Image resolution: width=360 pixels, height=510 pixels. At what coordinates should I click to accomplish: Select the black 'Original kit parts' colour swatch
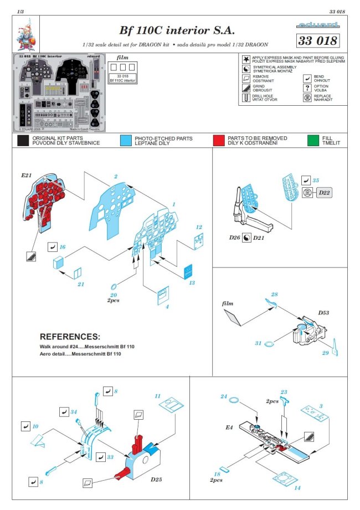point(23,140)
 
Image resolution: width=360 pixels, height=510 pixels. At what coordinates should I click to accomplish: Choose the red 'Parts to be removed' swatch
point(220,140)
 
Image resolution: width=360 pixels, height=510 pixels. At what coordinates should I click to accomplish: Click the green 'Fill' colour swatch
point(313,140)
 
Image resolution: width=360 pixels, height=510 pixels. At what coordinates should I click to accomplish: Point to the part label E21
point(27,175)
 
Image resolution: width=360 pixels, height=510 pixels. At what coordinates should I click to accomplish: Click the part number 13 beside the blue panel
point(192,283)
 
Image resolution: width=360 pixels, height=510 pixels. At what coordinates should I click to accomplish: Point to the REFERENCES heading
point(70,336)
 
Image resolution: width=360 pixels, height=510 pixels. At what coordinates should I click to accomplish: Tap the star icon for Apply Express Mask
point(246,59)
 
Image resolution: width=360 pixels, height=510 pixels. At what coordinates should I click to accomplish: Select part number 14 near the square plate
point(297,488)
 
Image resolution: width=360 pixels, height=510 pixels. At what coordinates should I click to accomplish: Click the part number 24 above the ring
point(224,397)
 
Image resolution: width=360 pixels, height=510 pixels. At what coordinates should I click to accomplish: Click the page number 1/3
point(20,12)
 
